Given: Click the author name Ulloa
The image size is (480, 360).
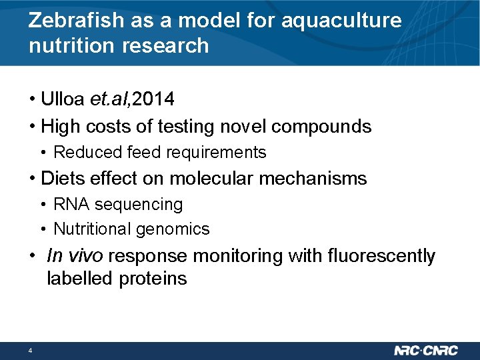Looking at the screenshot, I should point(62,100).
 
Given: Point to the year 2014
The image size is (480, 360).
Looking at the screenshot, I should point(154,100).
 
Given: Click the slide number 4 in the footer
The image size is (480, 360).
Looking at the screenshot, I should point(31,351).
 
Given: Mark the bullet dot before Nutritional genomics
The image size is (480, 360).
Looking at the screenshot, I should point(43,229).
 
